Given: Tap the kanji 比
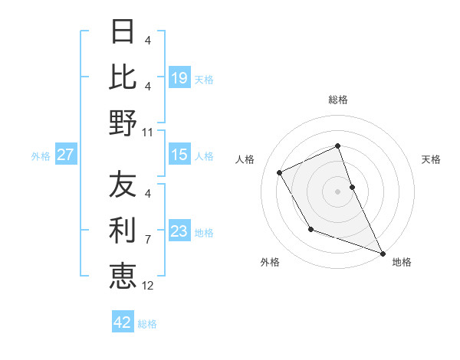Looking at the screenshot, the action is tap(123, 77).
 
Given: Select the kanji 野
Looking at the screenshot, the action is tap(123, 122).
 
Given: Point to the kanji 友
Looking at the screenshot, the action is tap(123, 185).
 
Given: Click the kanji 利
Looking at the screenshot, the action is tap(123, 229).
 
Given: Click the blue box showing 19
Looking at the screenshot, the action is tap(179, 78).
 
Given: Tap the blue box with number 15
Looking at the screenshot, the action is tap(179, 155).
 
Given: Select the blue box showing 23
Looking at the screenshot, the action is tap(179, 231).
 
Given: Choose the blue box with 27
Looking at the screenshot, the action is tap(66, 155).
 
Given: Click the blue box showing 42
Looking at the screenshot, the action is tap(122, 322).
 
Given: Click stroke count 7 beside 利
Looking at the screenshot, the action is tap(147, 239).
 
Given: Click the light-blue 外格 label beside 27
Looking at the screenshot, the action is tap(41, 156).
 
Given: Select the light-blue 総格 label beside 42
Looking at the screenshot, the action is tap(147, 324).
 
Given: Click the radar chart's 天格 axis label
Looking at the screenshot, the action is tap(431, 159).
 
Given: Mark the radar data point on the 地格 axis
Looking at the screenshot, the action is tap(383, 254).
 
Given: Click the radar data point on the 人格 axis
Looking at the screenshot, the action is tap(280, 172).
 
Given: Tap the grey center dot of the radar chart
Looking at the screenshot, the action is tap(337, 191).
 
